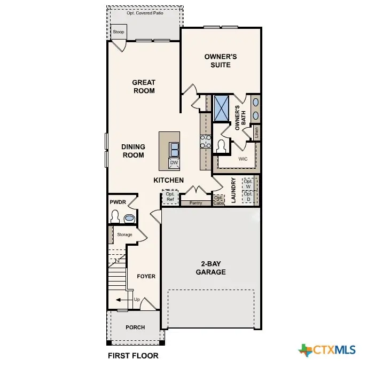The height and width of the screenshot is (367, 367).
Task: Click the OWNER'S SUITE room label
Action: pyautogui.click(x=221, y=60)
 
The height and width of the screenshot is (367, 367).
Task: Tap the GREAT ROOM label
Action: pyautogui.click(x=144, y=87)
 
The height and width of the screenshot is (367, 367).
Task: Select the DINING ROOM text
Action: pyautogui.click(x=133, y=151)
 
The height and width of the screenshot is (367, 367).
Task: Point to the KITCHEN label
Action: pyautogui.click(x=169, y=181)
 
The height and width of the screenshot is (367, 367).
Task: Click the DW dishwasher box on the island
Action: pyautogui.click(x=174, y=163)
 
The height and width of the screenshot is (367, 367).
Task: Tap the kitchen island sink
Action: pyautogui.click(x=174, y=148)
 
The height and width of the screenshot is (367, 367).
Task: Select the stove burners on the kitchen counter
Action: pyautogui.click(x=205, y=141)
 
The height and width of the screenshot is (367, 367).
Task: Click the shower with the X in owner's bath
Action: pyautogui.click(x=221, y=108)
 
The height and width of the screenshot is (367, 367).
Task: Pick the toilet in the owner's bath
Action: pyautogui.click(x=221, y=145)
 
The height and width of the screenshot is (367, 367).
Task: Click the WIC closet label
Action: pyautogui.click(x=243, y=159)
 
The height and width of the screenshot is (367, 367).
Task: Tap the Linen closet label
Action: pyautogui.click(x=256, y=131)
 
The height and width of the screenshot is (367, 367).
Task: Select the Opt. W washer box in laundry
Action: pyautogui.click(x=247, y=183)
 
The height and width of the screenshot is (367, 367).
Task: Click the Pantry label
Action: pyautogui.click(x=196, y=203)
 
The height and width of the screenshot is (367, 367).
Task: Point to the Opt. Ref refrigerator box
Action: pyautogui.click(x=170, y=197)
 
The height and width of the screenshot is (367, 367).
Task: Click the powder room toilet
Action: pyautogui.click(x=115, y=217)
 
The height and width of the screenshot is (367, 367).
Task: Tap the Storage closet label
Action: pyautogui.click(x=124, y=235)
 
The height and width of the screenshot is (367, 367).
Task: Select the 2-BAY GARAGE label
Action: pyautogui.click(x=213, y=268)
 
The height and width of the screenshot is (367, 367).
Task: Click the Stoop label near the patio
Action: pyautogui.click(x=119, y=32)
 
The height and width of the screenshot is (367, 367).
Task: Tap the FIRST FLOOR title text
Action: pyautogui.click(x=133, y=355)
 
